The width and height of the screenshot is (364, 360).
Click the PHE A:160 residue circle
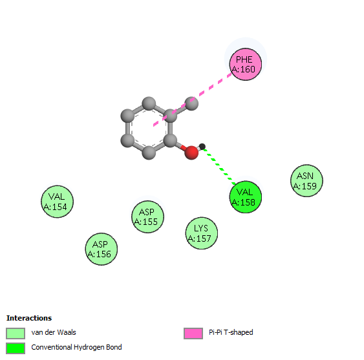pyautogui.click(x=246, y=64)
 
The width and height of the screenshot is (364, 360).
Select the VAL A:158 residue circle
pyautogui.click(x=246, y=197)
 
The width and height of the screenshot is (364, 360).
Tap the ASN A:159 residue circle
pyautogui.click(x=306, y=180)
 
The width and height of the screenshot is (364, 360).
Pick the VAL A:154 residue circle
pyautogui.click(x=57, y=202)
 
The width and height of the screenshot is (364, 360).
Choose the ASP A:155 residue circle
pyautogui.click(x=147, y=217)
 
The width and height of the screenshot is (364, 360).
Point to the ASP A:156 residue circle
pyautogui.click(x=102, y=249)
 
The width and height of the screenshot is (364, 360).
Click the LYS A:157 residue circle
pyautogui.click(x=202, y=233)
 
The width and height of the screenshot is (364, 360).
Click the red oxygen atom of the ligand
pyautogui.click(x=191, y=153)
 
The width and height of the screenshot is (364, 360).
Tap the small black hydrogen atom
pyautogui.click(x=202, y=147)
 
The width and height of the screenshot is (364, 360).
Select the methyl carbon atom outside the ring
pyautogui.click(x=191, y=103)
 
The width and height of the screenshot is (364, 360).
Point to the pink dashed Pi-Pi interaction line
pyautogui.click(x=193, y=100)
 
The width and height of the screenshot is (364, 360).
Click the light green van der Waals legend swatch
pyautogui.click(x=16, y=334)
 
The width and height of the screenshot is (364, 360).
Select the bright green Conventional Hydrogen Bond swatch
pyautogui.click(x=16, y=348)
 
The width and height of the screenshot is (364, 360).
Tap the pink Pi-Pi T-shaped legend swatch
pyautogui.click(x=193, y=334)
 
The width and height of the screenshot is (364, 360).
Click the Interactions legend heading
pyautogui.click(x=29, y=318)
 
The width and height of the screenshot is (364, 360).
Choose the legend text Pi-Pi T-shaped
pyautogui.click(x=231, y=332)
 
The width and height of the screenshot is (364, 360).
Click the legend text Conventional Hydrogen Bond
pyautogui.click(x=76, y=347)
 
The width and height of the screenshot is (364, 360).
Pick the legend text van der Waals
pyautogui.click(x=54, y=332)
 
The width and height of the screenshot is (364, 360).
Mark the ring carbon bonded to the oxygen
pyautogui.click(x=170, y=140)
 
